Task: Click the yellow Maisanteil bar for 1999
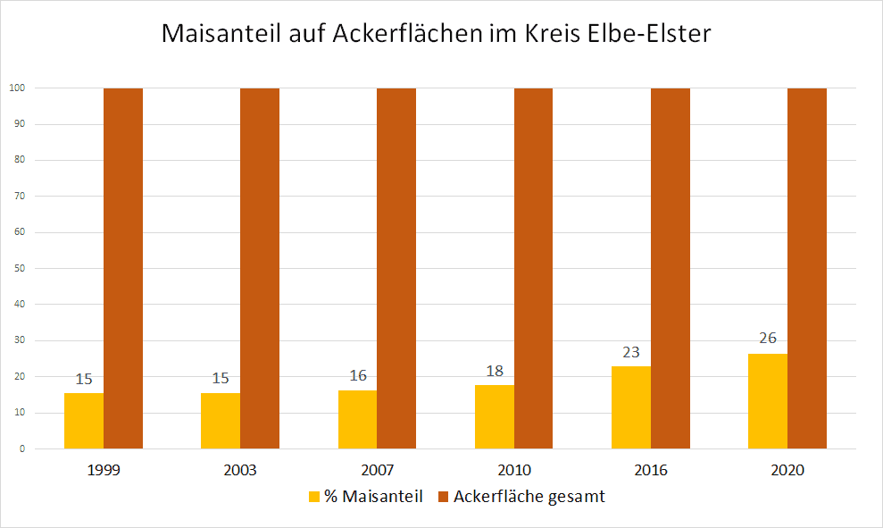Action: (84, 421)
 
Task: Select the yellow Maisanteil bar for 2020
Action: (768, 401)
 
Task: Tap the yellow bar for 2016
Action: (631, 407)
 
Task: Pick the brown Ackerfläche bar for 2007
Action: (396, 268)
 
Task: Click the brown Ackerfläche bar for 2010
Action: (533, 268)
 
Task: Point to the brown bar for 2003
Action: (260, 268)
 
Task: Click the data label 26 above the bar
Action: (768, 339)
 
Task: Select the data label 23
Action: (631, 351)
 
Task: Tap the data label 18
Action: (495, 370)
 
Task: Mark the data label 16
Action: (357, 376)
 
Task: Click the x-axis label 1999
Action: (104, 470)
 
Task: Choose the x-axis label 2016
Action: (651, 470)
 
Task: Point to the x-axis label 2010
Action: (514, 470)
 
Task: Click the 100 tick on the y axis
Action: (16, 88)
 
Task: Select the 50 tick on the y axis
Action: (19, 268)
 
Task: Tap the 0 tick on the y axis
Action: (21, 448)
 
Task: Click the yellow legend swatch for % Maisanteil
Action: (313, 497)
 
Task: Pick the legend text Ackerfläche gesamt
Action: (529, 497)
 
